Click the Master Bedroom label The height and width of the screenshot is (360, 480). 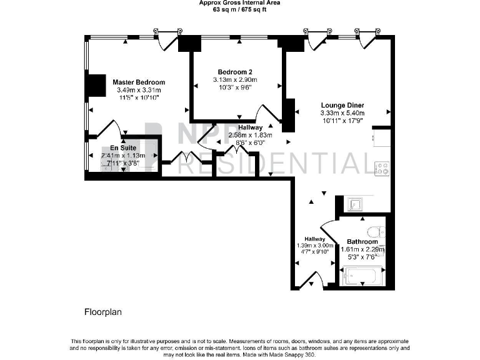(x=139, y=82)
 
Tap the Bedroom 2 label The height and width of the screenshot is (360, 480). (x=235, y=71)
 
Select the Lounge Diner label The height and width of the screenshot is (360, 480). (x=342, y=105)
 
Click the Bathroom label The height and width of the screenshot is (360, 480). (x=362, y=242)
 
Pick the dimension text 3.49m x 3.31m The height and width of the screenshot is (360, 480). (x=139, y=90)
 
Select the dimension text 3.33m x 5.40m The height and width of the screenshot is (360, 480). (x=342, y=113)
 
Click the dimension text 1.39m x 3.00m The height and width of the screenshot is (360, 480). (x=314, y=246)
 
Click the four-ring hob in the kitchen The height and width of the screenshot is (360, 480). (x=381, y=167)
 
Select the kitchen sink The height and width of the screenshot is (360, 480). (x=354, y=203)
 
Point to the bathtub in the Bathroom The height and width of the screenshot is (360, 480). (x=362, y=275)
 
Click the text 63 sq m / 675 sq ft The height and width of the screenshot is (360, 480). (x=239, y=10)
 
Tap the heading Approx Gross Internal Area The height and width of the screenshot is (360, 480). (x=239, y=3)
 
